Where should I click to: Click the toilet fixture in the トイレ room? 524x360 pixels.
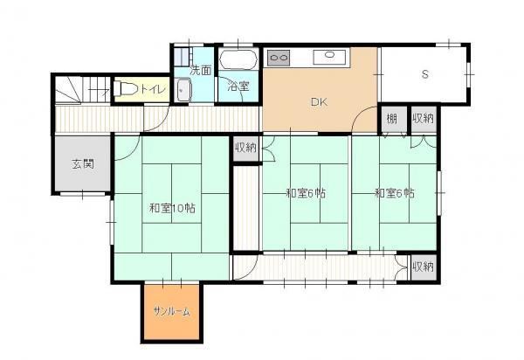click(125, 89)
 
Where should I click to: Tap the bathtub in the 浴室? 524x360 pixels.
click(238, 59)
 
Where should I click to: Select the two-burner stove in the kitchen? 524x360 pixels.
click(279, 58)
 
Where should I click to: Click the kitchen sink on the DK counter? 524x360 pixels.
click(329, 56)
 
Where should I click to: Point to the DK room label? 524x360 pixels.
click(319, 102)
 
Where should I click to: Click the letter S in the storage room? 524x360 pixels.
click(425, 74)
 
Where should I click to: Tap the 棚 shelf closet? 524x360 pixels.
click(393, 119)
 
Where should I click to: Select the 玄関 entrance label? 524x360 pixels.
click(83, 164)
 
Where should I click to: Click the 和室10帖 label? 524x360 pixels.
click(172, 209)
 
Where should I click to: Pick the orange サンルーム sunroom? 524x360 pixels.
click(172, 312)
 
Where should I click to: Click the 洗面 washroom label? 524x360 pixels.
click(201, 71)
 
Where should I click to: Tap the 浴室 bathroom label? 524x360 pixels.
click(238, 87)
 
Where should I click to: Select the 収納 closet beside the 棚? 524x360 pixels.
click(424, 119)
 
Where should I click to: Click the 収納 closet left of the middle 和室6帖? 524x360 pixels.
click(245, 148)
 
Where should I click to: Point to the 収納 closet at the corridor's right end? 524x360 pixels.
click(424, 267)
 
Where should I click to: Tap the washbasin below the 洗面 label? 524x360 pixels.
click(183, 90)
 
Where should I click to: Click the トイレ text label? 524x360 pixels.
click(153, 89)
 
